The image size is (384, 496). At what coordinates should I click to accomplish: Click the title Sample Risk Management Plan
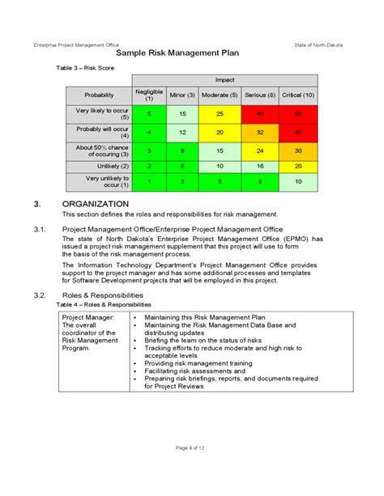pos(192,53)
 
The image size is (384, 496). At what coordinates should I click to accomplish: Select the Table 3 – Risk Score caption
pos(85,69)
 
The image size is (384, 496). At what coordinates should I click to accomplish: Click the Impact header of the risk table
pos(224,81)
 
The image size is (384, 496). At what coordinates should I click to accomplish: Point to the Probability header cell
pos(99,95)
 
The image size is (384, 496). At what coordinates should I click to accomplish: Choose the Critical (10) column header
pos(299,95)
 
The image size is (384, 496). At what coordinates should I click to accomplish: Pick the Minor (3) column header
pos(183,95)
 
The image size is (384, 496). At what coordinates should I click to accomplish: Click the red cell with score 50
pos(299,114)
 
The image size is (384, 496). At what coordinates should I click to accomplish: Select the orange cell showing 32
pos(261,132)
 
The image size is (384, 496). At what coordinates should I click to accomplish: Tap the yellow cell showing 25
pos(220,114)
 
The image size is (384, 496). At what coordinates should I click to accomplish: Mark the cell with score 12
pos(183,132)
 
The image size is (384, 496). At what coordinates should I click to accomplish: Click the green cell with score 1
pos(148,182)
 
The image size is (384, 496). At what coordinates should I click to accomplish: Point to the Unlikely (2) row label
pos(99,165)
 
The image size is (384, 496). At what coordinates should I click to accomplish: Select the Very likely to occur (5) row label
pos(99,114)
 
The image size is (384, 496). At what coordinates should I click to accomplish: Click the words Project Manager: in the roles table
pos(88,318)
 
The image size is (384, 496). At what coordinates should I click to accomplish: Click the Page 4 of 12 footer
pos(192,470)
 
